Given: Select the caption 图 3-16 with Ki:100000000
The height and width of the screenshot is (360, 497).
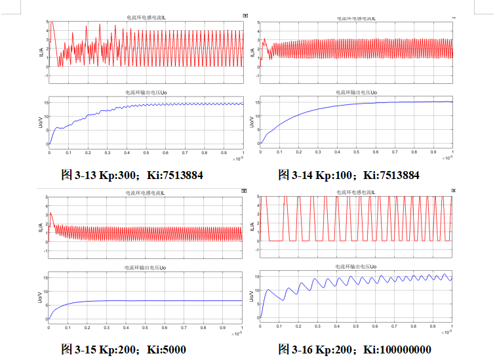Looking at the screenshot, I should (355, 349).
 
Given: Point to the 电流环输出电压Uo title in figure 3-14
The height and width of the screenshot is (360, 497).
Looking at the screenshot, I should (356, 93).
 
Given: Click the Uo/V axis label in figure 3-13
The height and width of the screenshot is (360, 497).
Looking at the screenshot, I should (41, 123).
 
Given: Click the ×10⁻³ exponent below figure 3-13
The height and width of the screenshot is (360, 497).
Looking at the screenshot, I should (237, 158).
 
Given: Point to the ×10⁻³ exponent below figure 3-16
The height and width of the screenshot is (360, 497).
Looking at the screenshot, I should (448, 333).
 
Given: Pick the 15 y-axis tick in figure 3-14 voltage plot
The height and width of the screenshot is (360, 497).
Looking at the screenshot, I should (256, 102).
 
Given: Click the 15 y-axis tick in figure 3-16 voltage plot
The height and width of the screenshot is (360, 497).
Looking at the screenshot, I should (256, 277).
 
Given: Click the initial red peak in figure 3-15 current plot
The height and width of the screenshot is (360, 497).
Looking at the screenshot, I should (51, 213).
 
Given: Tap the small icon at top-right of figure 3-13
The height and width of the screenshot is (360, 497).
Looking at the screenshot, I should (244, 15).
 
